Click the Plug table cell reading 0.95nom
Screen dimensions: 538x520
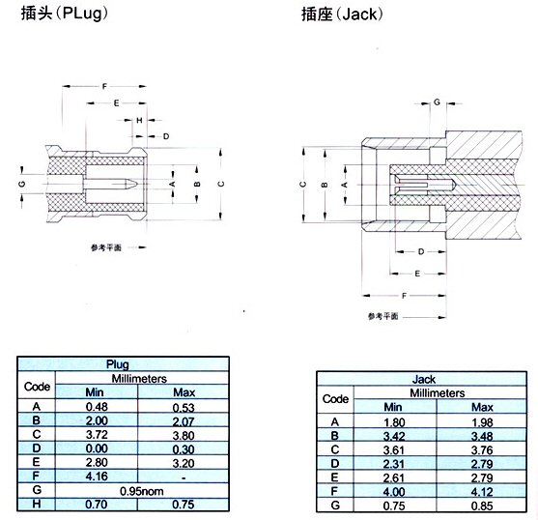141,491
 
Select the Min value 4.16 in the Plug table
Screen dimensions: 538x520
97,477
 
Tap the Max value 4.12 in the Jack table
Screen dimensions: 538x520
482,492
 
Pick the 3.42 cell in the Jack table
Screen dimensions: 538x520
394,436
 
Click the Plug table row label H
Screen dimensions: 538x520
37,504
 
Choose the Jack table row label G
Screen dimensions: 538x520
335,506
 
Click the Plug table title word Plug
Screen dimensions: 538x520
117,364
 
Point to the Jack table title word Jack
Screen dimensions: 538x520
424,379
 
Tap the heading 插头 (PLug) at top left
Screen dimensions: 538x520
65,14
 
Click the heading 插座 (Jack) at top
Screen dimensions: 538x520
342,14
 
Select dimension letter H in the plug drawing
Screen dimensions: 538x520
139,120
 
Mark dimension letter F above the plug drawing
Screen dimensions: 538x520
104,86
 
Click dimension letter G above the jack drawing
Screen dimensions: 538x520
437,101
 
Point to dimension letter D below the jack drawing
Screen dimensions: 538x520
421,251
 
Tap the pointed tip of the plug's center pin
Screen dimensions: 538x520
137,185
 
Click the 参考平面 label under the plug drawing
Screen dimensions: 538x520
106,247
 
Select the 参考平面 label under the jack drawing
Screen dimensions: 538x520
383,316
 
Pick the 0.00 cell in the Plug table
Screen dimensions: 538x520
97,448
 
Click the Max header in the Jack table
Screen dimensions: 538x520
482,407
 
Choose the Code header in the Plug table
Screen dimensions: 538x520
37,387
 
